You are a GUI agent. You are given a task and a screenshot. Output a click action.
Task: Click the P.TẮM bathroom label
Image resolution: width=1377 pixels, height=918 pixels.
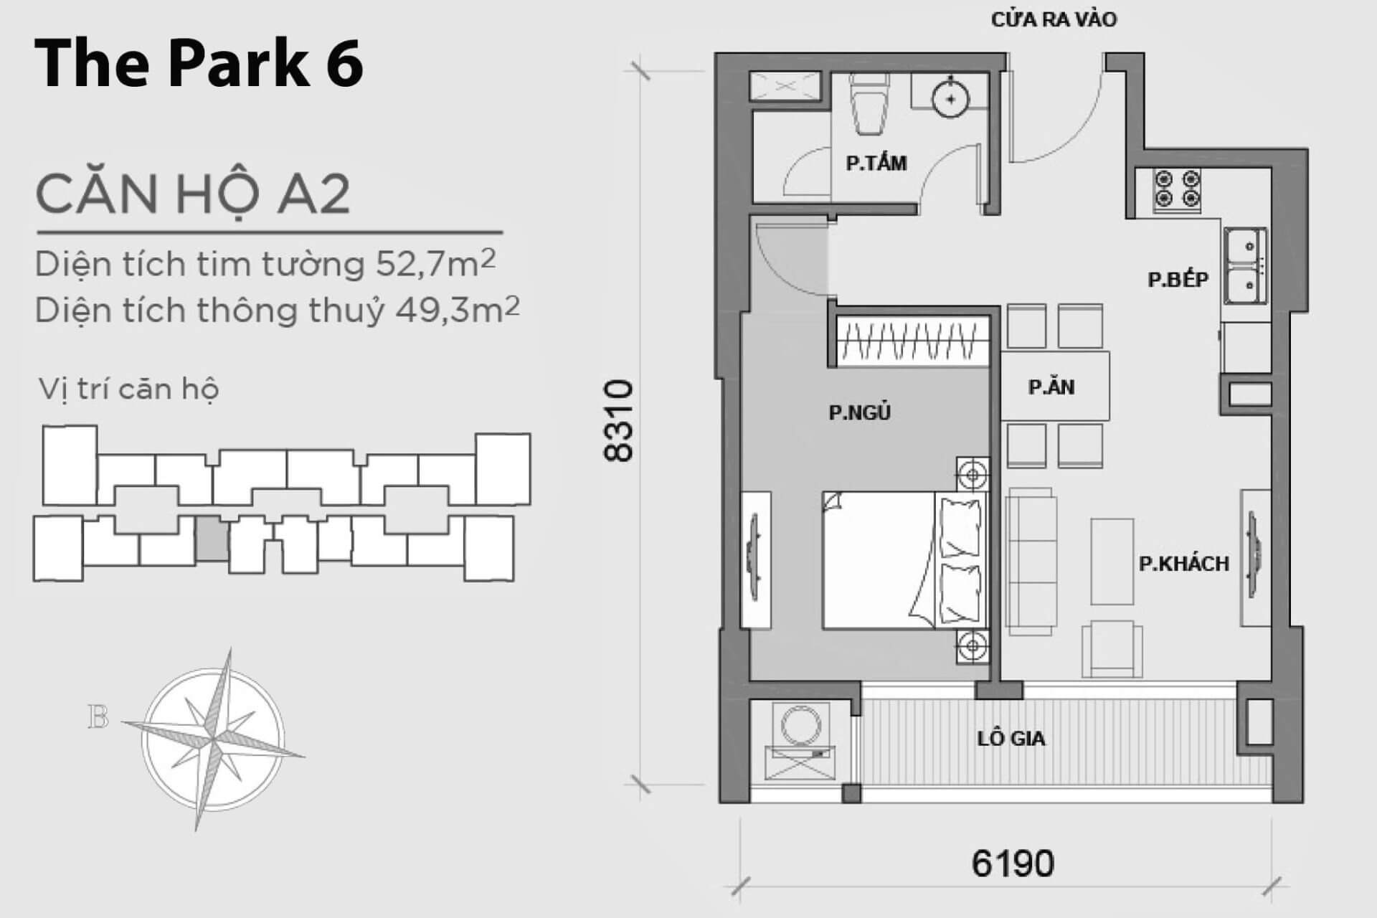pyautogui.click(x=876, y=164)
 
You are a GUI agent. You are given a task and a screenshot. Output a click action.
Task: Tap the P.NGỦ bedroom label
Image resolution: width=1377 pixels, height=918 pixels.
pyautogui.click(x=859, y=412)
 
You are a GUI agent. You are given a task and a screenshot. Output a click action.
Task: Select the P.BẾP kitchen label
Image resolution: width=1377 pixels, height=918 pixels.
pyautogui.click(x=1178, y=279)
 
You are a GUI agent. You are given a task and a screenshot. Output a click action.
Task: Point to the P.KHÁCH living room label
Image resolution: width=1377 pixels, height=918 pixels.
pyautogui.click(x=1184, y=564)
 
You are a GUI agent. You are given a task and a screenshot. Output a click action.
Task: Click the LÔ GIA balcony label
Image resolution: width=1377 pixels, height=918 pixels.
pyautogui.click(x=1011, y=738)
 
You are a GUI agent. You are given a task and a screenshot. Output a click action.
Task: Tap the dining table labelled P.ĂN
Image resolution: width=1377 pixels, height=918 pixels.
pyautogui.click(x=1055, y=386)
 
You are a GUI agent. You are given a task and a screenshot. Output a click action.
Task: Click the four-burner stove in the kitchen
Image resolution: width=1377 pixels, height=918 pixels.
pyautogui.click(x=1177, y=190)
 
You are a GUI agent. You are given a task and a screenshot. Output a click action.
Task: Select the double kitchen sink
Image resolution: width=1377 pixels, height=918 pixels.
pyautogui.click(x=1245, y=266)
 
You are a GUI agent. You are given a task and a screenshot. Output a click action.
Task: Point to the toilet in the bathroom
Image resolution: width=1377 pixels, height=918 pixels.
pyautogui.click(x=869, y=104)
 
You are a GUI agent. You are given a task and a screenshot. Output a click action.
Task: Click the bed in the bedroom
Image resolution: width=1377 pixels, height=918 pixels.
pyautogui.click(x=905, y=561)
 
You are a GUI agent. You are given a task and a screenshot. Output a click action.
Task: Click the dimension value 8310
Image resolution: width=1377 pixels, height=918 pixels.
pyautogui.click(x=619, y=421)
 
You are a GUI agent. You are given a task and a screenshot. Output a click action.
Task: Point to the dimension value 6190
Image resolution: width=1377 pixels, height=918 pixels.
pyautogui.click(x=1013, y=863)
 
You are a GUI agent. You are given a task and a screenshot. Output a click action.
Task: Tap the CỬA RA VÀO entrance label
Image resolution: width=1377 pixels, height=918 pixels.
pyautogui.click(x=1054, y=19)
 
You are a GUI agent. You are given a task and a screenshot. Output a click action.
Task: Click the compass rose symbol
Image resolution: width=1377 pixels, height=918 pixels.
pyautogui.click(x=213, y=739)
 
